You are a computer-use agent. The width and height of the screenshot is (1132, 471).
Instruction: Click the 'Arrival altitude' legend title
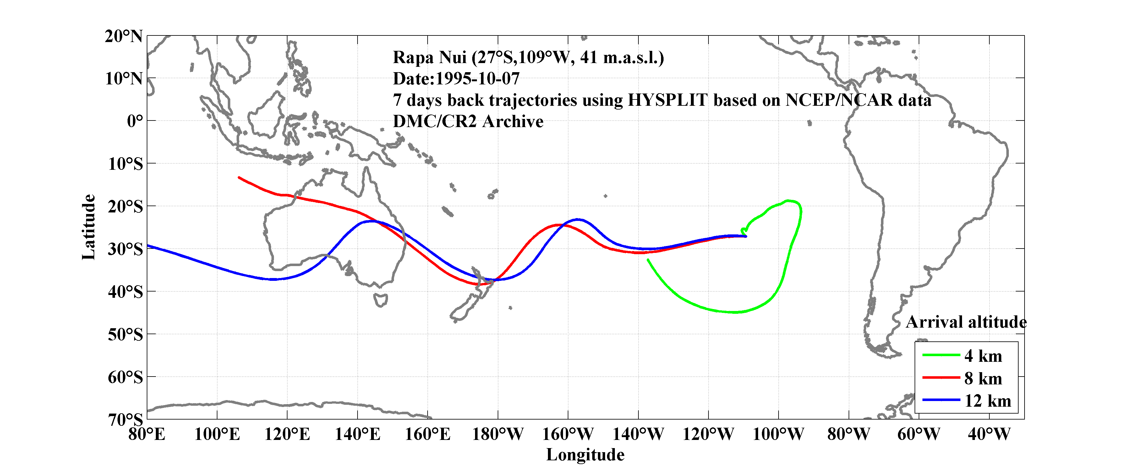pyautogui.click(x=966, y=322)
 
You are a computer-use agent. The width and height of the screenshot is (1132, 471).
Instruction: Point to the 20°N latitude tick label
pyautogui.click(x=123, y=36)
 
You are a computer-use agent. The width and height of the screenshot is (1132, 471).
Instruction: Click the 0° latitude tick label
pyautogui.click(x=135, y=121)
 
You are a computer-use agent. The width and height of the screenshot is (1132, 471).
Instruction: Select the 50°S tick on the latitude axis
pyautogui.click(x=125, y=335)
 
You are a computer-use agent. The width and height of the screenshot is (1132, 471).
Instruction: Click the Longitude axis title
pyautogui.click(x=585, y=455)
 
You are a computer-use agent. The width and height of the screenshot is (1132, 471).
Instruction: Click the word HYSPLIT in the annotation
pyautogui.click(x=667, y=100)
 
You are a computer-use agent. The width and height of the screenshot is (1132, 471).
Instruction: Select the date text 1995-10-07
pyautogui.click(x=477, y=78)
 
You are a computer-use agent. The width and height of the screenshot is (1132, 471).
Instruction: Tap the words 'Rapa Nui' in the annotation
pyautogui.click(x=429, y=57)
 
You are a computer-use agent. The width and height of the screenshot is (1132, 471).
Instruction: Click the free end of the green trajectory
pyautogui.click(x=648, y=260)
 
